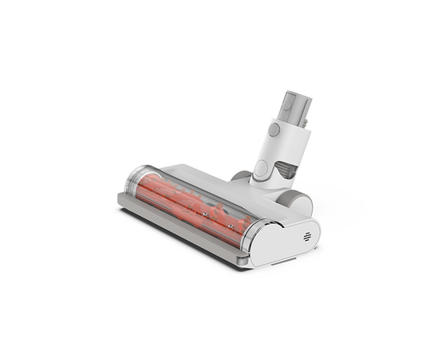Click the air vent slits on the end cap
tap(308, 238)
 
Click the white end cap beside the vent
tap(280, 244)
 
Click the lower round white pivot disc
tap(261, 169)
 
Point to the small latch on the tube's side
tap(274, 128)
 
